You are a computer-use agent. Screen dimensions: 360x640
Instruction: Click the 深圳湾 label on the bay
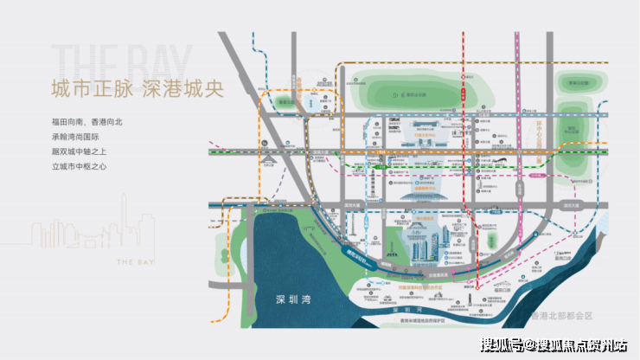[293, 299]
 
